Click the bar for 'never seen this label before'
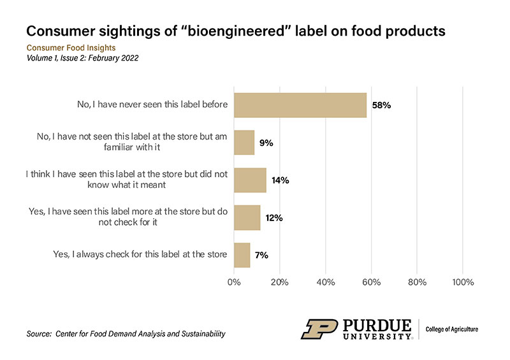coord(300,105)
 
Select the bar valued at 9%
coord(244,143)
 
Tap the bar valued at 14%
coord(250,180)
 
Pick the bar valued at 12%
coord(247,218)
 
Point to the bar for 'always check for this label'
coord(242,255)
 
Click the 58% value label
coord(381,105)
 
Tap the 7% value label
coord(261,255)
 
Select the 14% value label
coord(281,180)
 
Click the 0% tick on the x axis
coord(235,281)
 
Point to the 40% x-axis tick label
coord(326,281)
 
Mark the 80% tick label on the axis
coord(417,281)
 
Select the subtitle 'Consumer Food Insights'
coord(70,47)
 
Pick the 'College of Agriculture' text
coord(452,329)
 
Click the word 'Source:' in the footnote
coord(40,334)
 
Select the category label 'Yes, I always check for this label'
coord(140,255)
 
